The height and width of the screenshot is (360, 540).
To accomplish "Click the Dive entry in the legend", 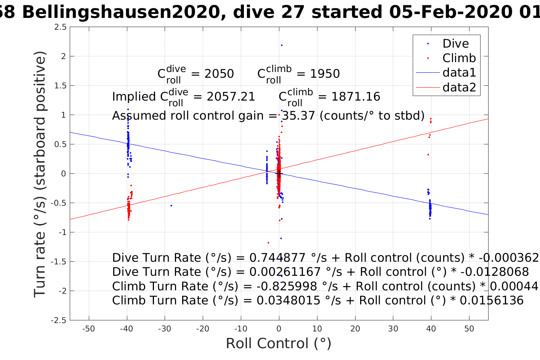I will click(x=455, y=44).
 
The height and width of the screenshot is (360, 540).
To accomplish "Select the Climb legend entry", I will click(x=459, y=58).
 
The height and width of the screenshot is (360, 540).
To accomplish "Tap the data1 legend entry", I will click(x=459, y=73).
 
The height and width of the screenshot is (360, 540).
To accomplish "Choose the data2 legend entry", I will click(x=459, y=87).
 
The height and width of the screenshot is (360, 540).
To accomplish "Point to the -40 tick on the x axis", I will click(x=127, y=328).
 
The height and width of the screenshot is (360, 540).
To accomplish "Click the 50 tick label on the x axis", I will click(x=469, y=328).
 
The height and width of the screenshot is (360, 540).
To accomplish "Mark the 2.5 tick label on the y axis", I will click(x=60, y=27).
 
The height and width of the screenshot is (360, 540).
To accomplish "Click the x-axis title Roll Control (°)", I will click(x=279, y=344).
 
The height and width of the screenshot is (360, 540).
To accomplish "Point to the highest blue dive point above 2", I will click(x=282, y=45).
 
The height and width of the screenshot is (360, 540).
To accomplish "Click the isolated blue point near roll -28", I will click(x=171, y=206).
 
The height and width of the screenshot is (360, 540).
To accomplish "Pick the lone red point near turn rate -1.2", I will click(x=268, y=243).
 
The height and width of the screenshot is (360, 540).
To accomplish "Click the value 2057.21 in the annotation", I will click(x=231, y=97).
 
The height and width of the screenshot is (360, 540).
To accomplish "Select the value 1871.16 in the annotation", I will click(x=356, y=97).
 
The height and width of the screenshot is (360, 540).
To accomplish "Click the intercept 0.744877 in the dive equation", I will click(x=276, y=258).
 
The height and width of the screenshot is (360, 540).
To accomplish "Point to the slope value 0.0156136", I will click(x=492, y=301).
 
